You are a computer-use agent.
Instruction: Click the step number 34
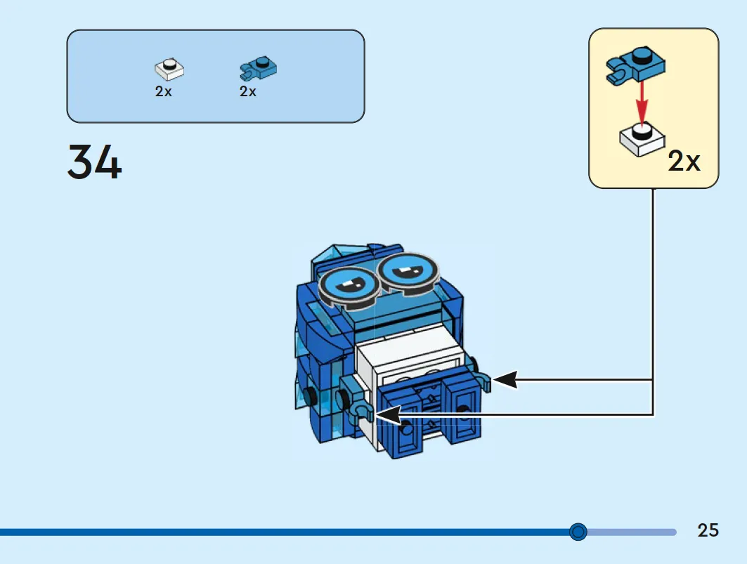pos(94,162)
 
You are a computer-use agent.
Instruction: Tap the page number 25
pos(708,530)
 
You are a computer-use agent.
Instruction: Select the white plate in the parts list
pos(169,70)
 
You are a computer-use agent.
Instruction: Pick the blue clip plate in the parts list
pos(258,68)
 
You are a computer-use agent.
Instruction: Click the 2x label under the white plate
pos(164,91)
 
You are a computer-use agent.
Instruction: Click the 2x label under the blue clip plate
pos(248,91)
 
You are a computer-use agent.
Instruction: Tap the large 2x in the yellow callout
pos(684,161)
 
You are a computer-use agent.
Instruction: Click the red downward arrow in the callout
pos(642,103)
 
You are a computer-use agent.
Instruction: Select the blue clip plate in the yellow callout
pos(635,66)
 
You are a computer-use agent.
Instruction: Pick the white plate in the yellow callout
pos(642,138)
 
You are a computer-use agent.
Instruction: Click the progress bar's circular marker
pos(578,532)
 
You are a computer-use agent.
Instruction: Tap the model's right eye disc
pos(408,273)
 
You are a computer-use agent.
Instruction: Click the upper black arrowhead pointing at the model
pos(505,380)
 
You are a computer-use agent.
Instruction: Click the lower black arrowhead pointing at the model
pos(389,415)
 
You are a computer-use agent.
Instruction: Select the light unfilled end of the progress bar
pos(632,532)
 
